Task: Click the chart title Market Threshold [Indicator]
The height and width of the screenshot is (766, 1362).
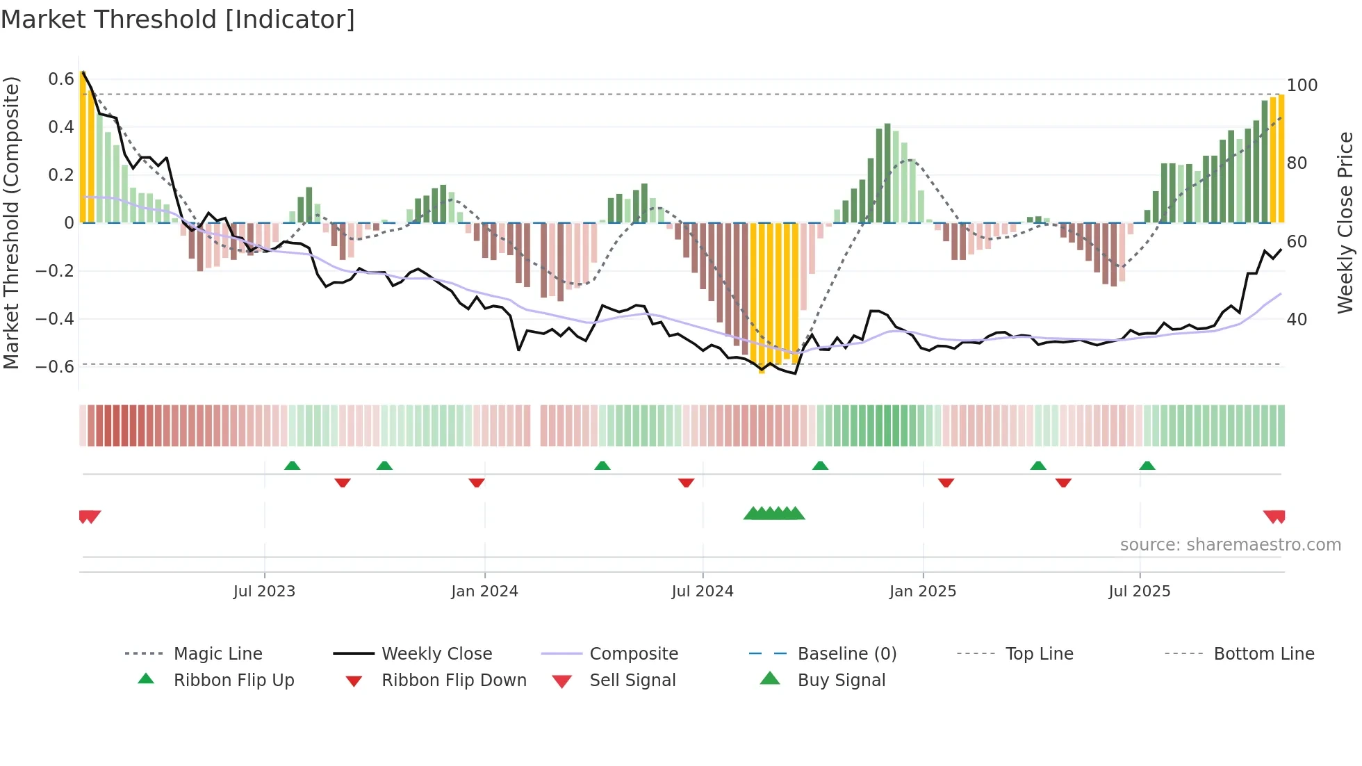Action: (178, 19)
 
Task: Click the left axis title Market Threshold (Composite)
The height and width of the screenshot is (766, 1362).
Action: (11, 222)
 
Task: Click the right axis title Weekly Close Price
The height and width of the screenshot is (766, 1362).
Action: (1346, 222)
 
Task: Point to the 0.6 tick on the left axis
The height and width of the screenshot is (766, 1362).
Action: (61, 79)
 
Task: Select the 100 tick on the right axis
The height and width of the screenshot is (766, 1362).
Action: (1302, 85)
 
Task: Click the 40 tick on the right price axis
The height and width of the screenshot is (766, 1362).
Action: (1297, 320)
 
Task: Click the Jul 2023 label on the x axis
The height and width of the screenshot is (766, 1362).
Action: (264, 592)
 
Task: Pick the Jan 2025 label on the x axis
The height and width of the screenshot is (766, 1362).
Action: (922, 592)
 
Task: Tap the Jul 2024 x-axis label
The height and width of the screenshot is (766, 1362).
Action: (702, 592)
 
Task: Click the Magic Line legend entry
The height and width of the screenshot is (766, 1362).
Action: (218, 654)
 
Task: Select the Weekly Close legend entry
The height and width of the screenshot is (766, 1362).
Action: (436, 654)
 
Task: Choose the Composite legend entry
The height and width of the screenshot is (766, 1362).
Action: (633, 654)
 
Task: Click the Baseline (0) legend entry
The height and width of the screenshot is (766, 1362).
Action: (846, 654)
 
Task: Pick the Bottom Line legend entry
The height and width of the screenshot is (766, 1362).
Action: (1263, 654)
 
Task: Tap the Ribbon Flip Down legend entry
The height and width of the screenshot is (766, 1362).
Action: (453, 681)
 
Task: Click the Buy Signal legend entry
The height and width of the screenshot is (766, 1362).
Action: (841, 681)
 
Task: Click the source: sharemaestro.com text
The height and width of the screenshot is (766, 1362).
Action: (1230, 545)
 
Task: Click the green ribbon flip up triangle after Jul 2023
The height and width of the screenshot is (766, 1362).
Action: (292, 466)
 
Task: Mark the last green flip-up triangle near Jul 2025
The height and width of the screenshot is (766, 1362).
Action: (1147, 466)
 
